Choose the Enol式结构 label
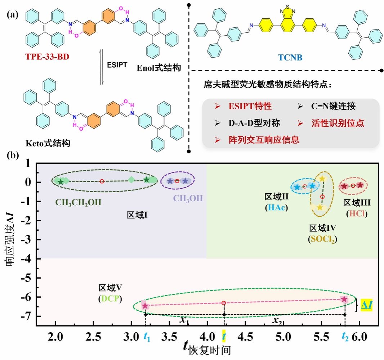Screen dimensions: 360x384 158,67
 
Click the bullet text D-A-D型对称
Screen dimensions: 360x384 249,123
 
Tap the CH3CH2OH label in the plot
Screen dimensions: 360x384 78,203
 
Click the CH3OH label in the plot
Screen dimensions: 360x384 188,198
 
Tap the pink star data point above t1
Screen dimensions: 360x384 145,306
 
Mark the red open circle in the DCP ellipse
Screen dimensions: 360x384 224,303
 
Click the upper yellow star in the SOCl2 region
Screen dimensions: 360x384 322,179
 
